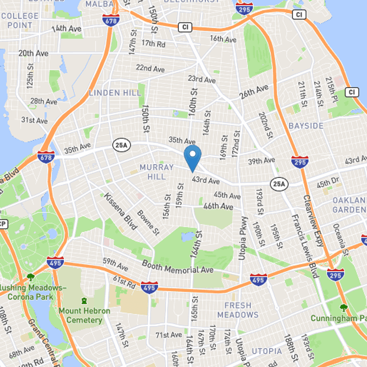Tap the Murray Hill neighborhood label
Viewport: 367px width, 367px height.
tap(157, 172)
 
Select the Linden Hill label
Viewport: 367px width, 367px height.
tap(115, 93)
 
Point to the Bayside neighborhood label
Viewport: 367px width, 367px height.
tap(306, 126)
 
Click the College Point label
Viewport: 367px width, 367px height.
tap(20, 21)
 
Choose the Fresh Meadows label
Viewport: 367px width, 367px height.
tap(238, 310)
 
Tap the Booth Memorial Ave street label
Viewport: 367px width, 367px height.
tap(178, 267)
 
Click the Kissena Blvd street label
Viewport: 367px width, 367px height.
tap(121, 211)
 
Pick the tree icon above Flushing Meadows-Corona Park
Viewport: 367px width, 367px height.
tap(30, 277)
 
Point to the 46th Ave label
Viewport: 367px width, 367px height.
tap(218, 206)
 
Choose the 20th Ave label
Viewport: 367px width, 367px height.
tap(33, 54)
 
